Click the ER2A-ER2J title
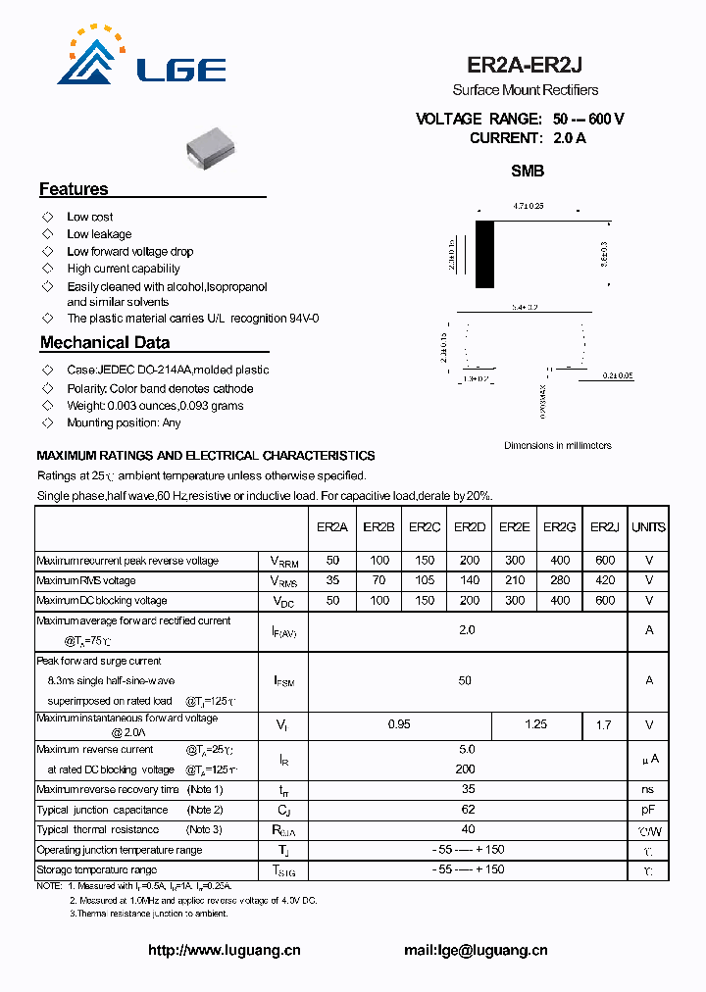525,65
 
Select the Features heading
74,189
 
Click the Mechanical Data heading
105,343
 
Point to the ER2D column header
470,527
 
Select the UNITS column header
648,527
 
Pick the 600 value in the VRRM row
605,561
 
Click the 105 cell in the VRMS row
424,580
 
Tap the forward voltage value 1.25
535,724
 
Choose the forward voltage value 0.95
399,724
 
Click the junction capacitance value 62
468,810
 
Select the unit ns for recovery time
648,789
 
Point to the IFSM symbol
282,680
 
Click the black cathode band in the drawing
484,255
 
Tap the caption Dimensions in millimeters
557,445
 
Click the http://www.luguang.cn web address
224,950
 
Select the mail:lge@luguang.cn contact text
476,950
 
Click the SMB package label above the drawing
528,171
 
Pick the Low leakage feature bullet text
99,234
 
